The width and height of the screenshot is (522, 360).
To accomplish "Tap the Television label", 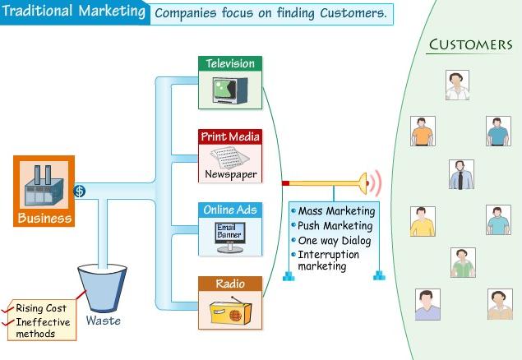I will (x=230, y=63).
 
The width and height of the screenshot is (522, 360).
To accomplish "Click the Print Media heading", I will (x=230, y=136).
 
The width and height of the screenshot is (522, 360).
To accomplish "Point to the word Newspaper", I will (x=230, y=174).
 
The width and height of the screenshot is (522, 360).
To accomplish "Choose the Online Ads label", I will (x=230, y=210).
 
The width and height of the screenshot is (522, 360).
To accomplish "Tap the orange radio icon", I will (x=229, y=311).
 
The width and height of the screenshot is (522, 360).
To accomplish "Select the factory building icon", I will (x=44, y=186).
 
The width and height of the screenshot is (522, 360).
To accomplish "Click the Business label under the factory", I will (x=44, y=219).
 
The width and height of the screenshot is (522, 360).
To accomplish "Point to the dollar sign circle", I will (x=80, y=192).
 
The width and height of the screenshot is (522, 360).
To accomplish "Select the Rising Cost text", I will (x=40, y=308).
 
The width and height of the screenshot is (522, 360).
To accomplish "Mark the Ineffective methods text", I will (x=43, y=328).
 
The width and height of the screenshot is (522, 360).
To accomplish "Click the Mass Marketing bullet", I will (x=335, y=211).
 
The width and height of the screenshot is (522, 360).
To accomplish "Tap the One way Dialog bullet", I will (x=334, y=241).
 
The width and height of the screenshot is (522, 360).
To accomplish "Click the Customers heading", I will (x=469, y=44).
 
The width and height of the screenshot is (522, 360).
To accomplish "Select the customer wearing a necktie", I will (x=461, y=174).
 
